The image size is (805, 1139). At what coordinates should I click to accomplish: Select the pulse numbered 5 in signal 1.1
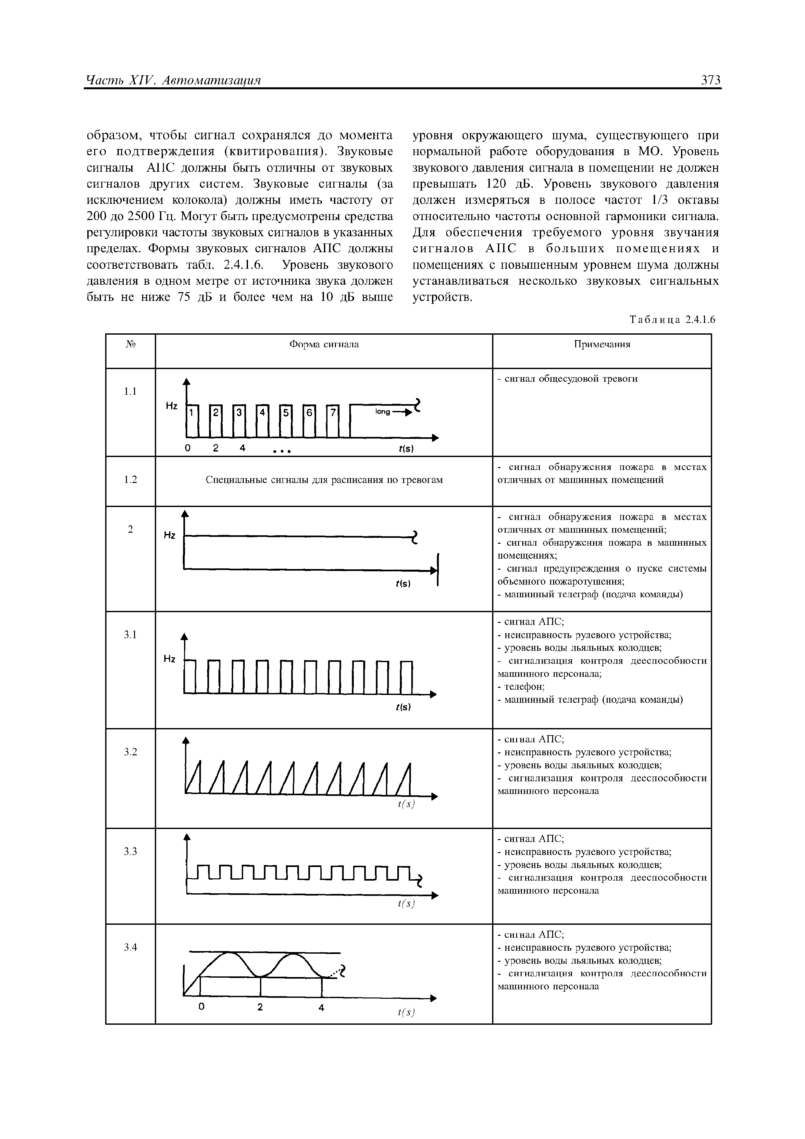(x=285, y=412)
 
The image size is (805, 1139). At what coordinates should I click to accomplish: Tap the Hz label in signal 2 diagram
(x=170, y=535)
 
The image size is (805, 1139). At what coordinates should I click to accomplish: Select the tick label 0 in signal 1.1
(x=188, y=448)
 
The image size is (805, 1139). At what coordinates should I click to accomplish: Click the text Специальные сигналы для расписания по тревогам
(x=324, y=480)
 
